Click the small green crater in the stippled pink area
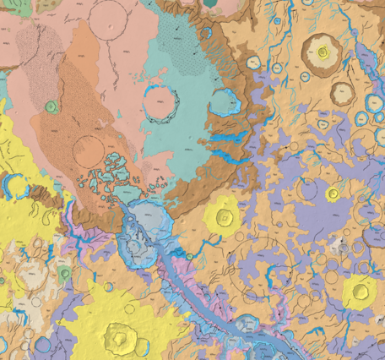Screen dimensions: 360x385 tap(52, 106)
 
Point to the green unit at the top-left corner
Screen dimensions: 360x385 tap(3, 7)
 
